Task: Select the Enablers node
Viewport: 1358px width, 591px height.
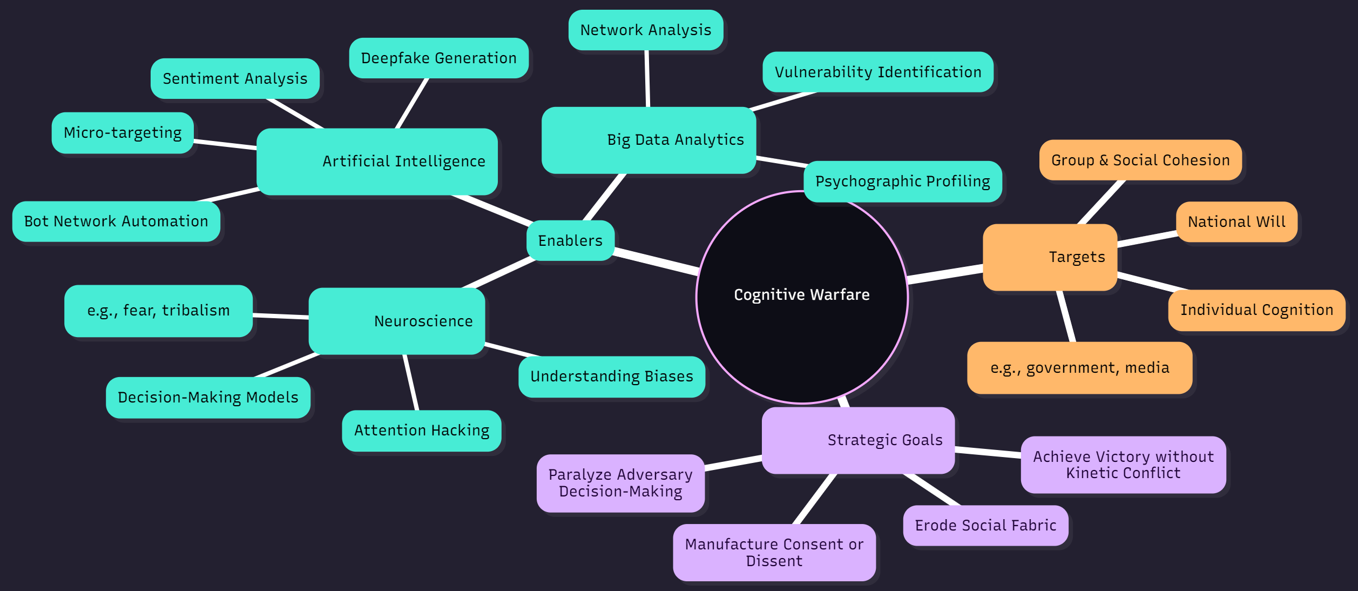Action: click(x=570, y=240)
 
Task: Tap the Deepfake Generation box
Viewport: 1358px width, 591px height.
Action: click(x=438, y=58)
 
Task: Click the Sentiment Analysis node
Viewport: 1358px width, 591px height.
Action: click(x=235, y=78)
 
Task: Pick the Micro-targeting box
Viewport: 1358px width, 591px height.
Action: click(x=123, y=132)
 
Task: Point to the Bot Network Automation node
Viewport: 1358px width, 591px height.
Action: click(x=116, y=221)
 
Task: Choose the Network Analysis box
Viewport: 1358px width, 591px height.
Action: click(x=646, y=30)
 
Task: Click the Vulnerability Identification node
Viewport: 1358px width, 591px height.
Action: click(x=878, y=72)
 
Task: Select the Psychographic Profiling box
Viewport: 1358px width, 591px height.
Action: click(x=902, y=182)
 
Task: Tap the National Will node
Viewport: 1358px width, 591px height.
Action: click(x=1237, y=221)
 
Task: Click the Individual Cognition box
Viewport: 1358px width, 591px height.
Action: click(x=1256, y=310)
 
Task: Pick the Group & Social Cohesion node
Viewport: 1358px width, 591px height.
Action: click(x=1140, y=160)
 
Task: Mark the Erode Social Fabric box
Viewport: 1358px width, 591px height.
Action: click(x=985, y=525)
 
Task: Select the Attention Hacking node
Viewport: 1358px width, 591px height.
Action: click(x=422, y=431)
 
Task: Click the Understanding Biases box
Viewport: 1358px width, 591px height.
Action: click(x=612, y=377)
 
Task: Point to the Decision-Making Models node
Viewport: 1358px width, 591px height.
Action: click(x=208, y=398)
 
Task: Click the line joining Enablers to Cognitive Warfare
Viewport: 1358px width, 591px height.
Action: click(x=656, y=260)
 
